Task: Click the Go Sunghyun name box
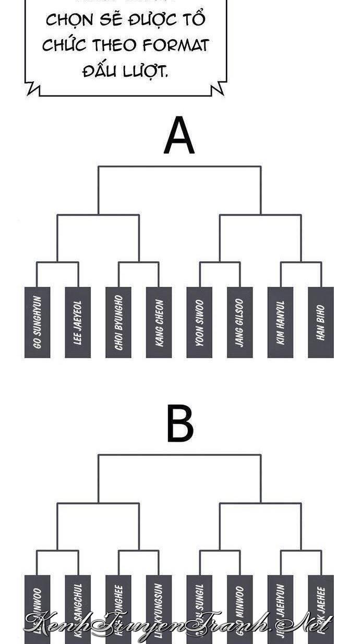[x=37, y=322]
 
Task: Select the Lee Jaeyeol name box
[x=78, y=322]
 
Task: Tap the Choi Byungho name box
[x=118, y=322]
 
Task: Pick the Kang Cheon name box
[x=159, y=322]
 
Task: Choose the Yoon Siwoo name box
[x=199, y=322]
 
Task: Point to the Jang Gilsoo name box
[x=240, y=322]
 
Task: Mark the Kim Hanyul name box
[x=280, y=322]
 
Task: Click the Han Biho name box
[x=321, y=322]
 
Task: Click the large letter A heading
[x=179, y=136]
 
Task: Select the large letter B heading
[x=179, y=424]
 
